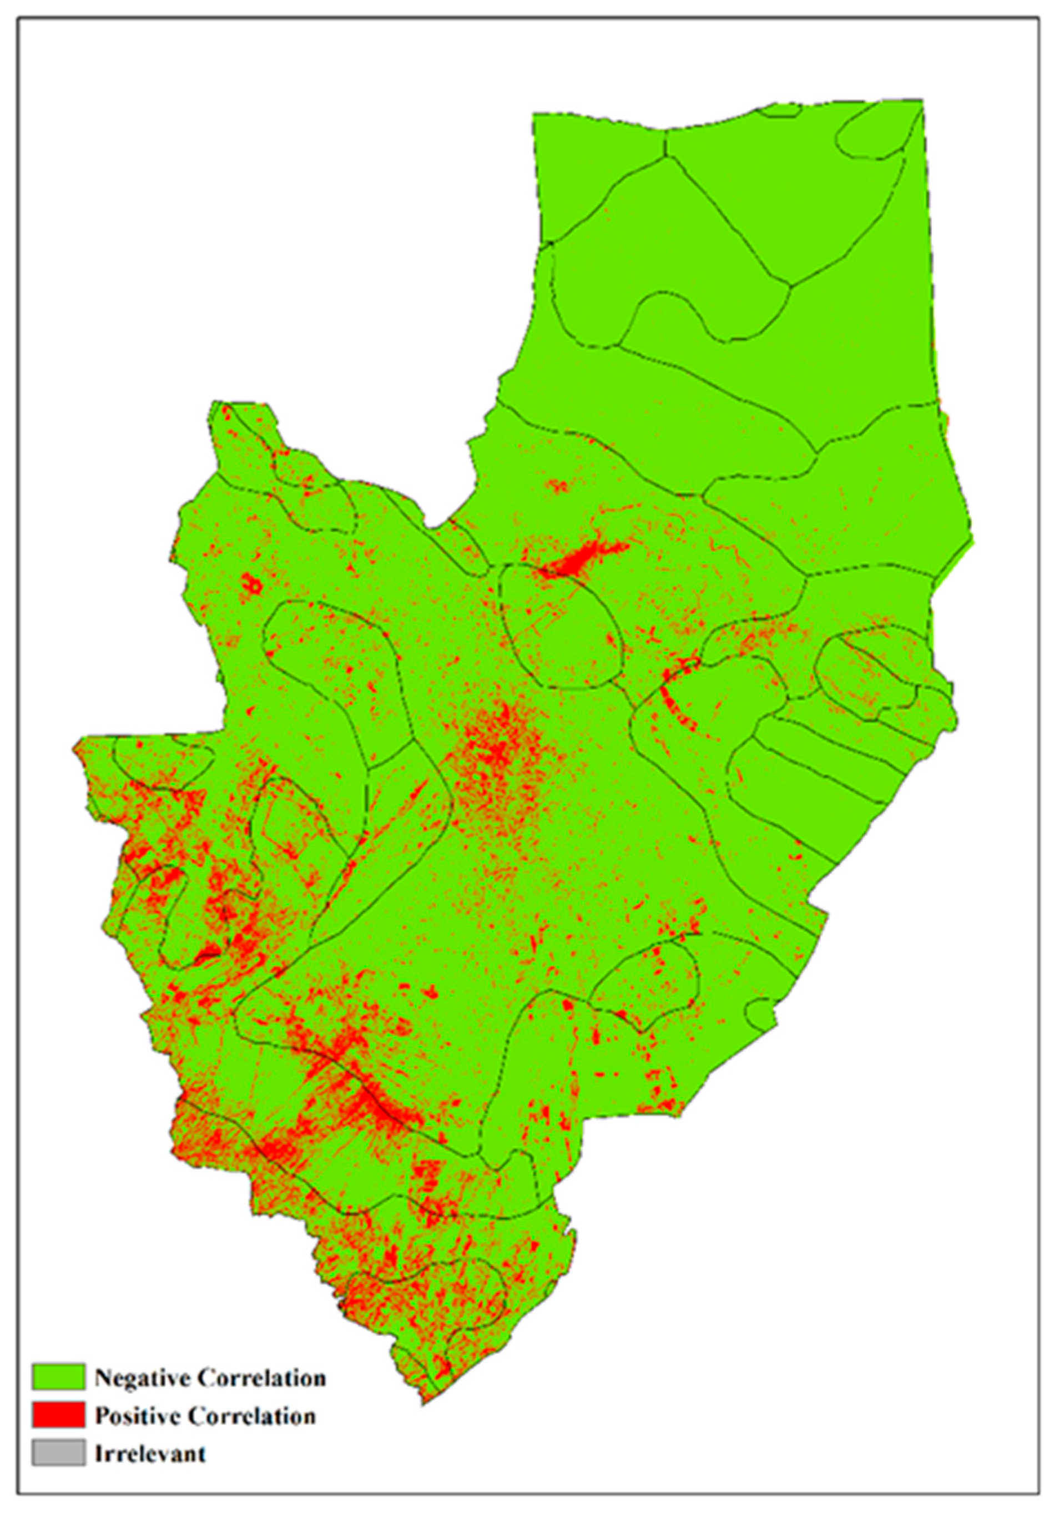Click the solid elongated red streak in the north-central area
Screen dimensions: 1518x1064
click(582, 559)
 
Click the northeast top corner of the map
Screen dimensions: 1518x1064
click(922, 100)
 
